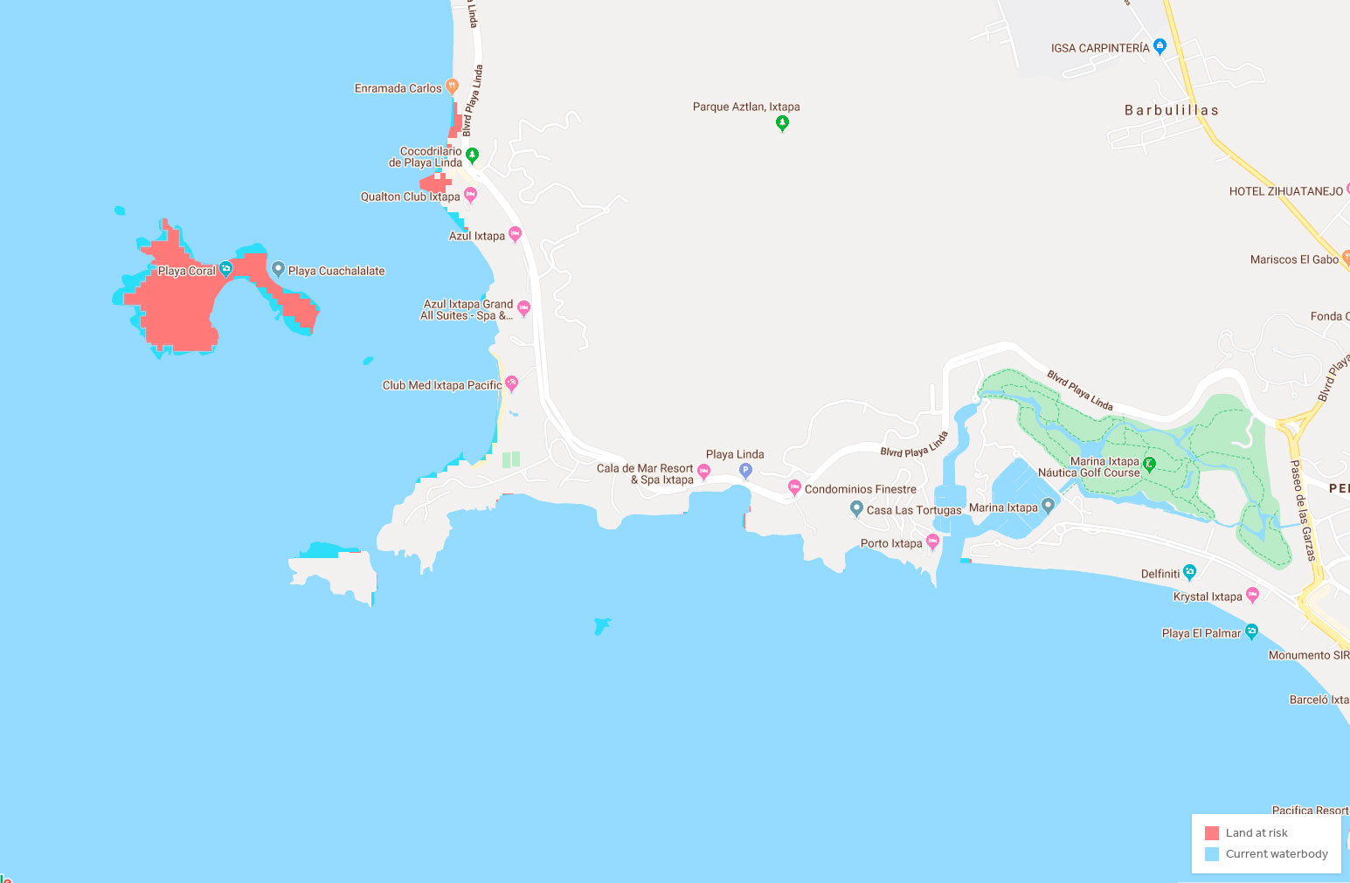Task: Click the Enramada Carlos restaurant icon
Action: click(452, 86)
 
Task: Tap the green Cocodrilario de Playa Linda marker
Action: click(472, 155)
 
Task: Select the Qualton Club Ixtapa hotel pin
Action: click(470, 195)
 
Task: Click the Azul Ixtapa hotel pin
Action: click(515, 234)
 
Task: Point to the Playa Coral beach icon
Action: click(225, 269)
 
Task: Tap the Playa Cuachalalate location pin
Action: click(278, 269)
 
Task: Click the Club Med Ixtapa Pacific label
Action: click(442, 385)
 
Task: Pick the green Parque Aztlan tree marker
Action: click(782, 123)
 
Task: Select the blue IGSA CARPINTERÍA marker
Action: click(1160, 46)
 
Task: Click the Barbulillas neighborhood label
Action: click(1171, 110)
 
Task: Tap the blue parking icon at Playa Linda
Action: click(745, 471)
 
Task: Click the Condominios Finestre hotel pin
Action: click(794, 487)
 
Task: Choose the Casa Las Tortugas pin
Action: click(856, 508)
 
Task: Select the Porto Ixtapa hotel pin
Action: click(932, 542)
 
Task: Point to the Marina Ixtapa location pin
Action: click(1048, 506)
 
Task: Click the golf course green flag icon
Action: click(1150, 465)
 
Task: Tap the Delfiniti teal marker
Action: click(1189, 572)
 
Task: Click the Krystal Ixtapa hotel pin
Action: click(1252, 595)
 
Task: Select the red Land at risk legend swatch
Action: click(1212, 833)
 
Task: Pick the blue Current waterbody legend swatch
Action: click(1212, 854)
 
